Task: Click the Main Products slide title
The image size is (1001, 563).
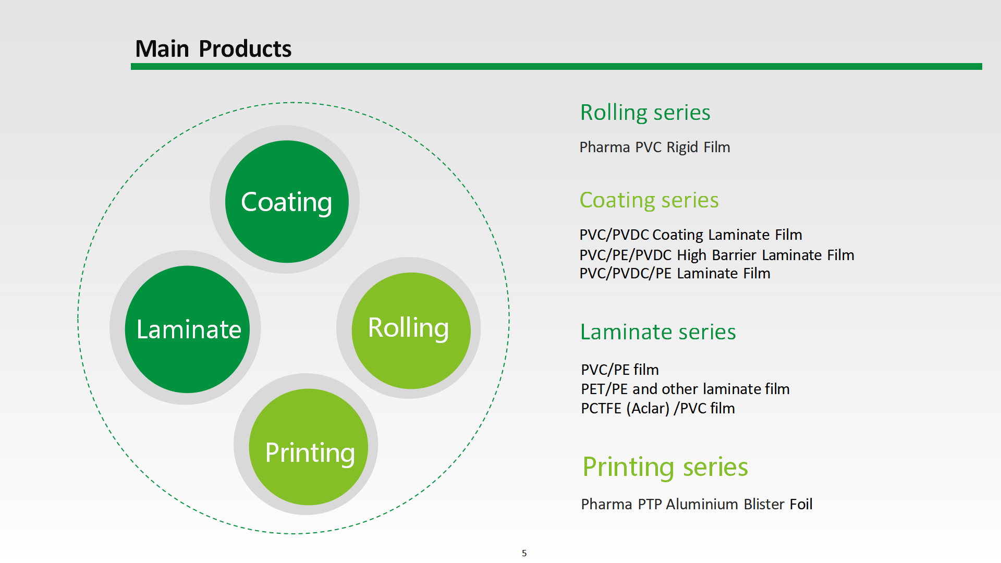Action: (x=213, y=49)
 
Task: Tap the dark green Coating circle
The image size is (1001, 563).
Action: (x=287, y=202)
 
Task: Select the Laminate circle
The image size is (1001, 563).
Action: (x=188, y=329)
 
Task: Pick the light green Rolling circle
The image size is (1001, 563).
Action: (x=411, y=330)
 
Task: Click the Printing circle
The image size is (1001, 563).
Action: (x=309, y=447)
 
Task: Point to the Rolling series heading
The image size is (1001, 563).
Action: (x=645, y=113)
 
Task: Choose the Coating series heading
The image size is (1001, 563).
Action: (x=649, y=200)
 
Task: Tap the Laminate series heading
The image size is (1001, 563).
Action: (x=658, y=332)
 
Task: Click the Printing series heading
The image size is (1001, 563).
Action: (x=665, y=467)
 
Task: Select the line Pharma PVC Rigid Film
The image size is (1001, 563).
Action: (x=654, y=147)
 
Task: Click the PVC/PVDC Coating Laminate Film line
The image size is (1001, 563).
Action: (x=690, y=235)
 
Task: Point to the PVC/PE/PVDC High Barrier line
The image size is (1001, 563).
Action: (x=716, y=255)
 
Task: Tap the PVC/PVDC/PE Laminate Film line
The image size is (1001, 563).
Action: (x=675, y=273)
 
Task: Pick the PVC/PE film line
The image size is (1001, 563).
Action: (x=620, y=370)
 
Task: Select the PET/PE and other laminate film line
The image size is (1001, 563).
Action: (x=685, y=389)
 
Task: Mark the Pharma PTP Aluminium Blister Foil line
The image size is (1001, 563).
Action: (x=697, y=504)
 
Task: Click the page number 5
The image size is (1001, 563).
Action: (x=524, y=553)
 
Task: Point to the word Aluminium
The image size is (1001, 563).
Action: (x=702, y=504)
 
